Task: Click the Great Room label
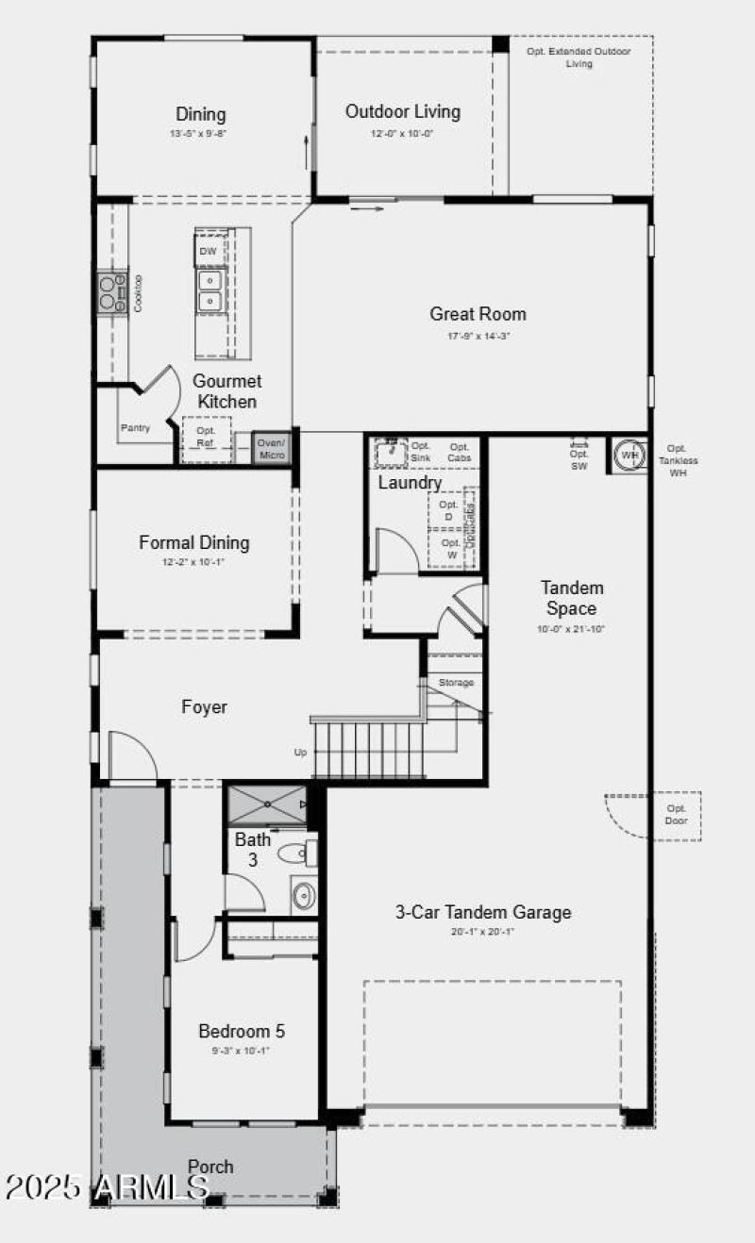[478, 314]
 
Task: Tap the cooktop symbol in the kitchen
[111, 291]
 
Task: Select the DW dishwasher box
[209, 252]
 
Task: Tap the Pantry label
[135, 428]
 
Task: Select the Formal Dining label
[193, 542]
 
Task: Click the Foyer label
[204, 706]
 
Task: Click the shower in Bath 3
[267, 804]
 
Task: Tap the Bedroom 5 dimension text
[241, 1051]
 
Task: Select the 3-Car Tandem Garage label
[482, 912]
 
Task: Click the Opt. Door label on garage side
[677, 815]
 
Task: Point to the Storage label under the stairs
[456, 682]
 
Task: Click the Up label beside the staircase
[300, 753]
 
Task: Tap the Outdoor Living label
[402, 111]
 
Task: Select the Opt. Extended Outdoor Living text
[579, 58]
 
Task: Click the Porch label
[210, 1167]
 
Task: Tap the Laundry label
[410, 483]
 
